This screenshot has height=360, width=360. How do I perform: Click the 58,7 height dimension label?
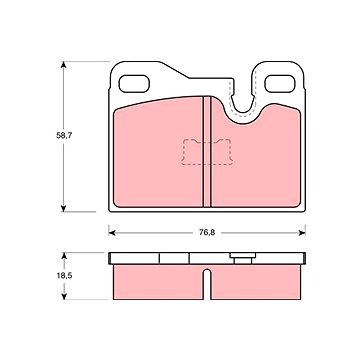[64, 136]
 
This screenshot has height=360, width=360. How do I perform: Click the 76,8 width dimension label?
[207, 233]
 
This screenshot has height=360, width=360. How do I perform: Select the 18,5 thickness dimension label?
[64, 276]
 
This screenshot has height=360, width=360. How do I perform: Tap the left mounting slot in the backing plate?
[134, 83]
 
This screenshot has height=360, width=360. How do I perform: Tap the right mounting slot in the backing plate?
[280, 83]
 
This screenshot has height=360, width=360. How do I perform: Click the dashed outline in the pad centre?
[207, 152]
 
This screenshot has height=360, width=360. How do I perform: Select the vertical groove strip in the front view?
[207, 152]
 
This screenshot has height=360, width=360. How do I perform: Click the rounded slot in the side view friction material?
[207, 284]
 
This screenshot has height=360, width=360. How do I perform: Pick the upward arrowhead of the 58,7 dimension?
[63, 65]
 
